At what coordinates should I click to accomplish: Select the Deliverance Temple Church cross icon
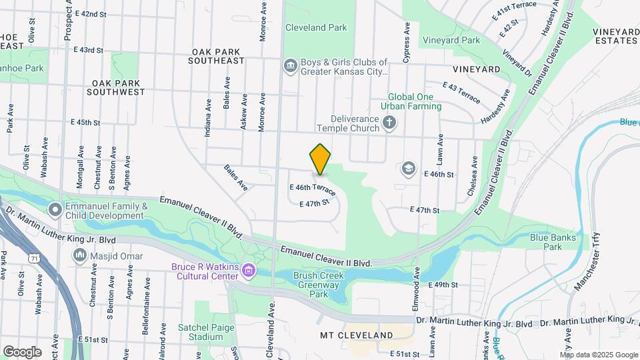point(389,123)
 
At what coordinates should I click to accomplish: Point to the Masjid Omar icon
point(80,255)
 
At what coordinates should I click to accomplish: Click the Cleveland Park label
point(316,28)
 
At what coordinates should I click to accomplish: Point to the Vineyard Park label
point(450,41)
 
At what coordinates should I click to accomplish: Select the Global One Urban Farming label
point(411,101)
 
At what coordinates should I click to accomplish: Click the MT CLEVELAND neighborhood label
point(356,335)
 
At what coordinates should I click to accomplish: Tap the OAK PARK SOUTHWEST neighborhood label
point(115,87)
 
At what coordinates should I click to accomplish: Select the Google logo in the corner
point(21,351)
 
